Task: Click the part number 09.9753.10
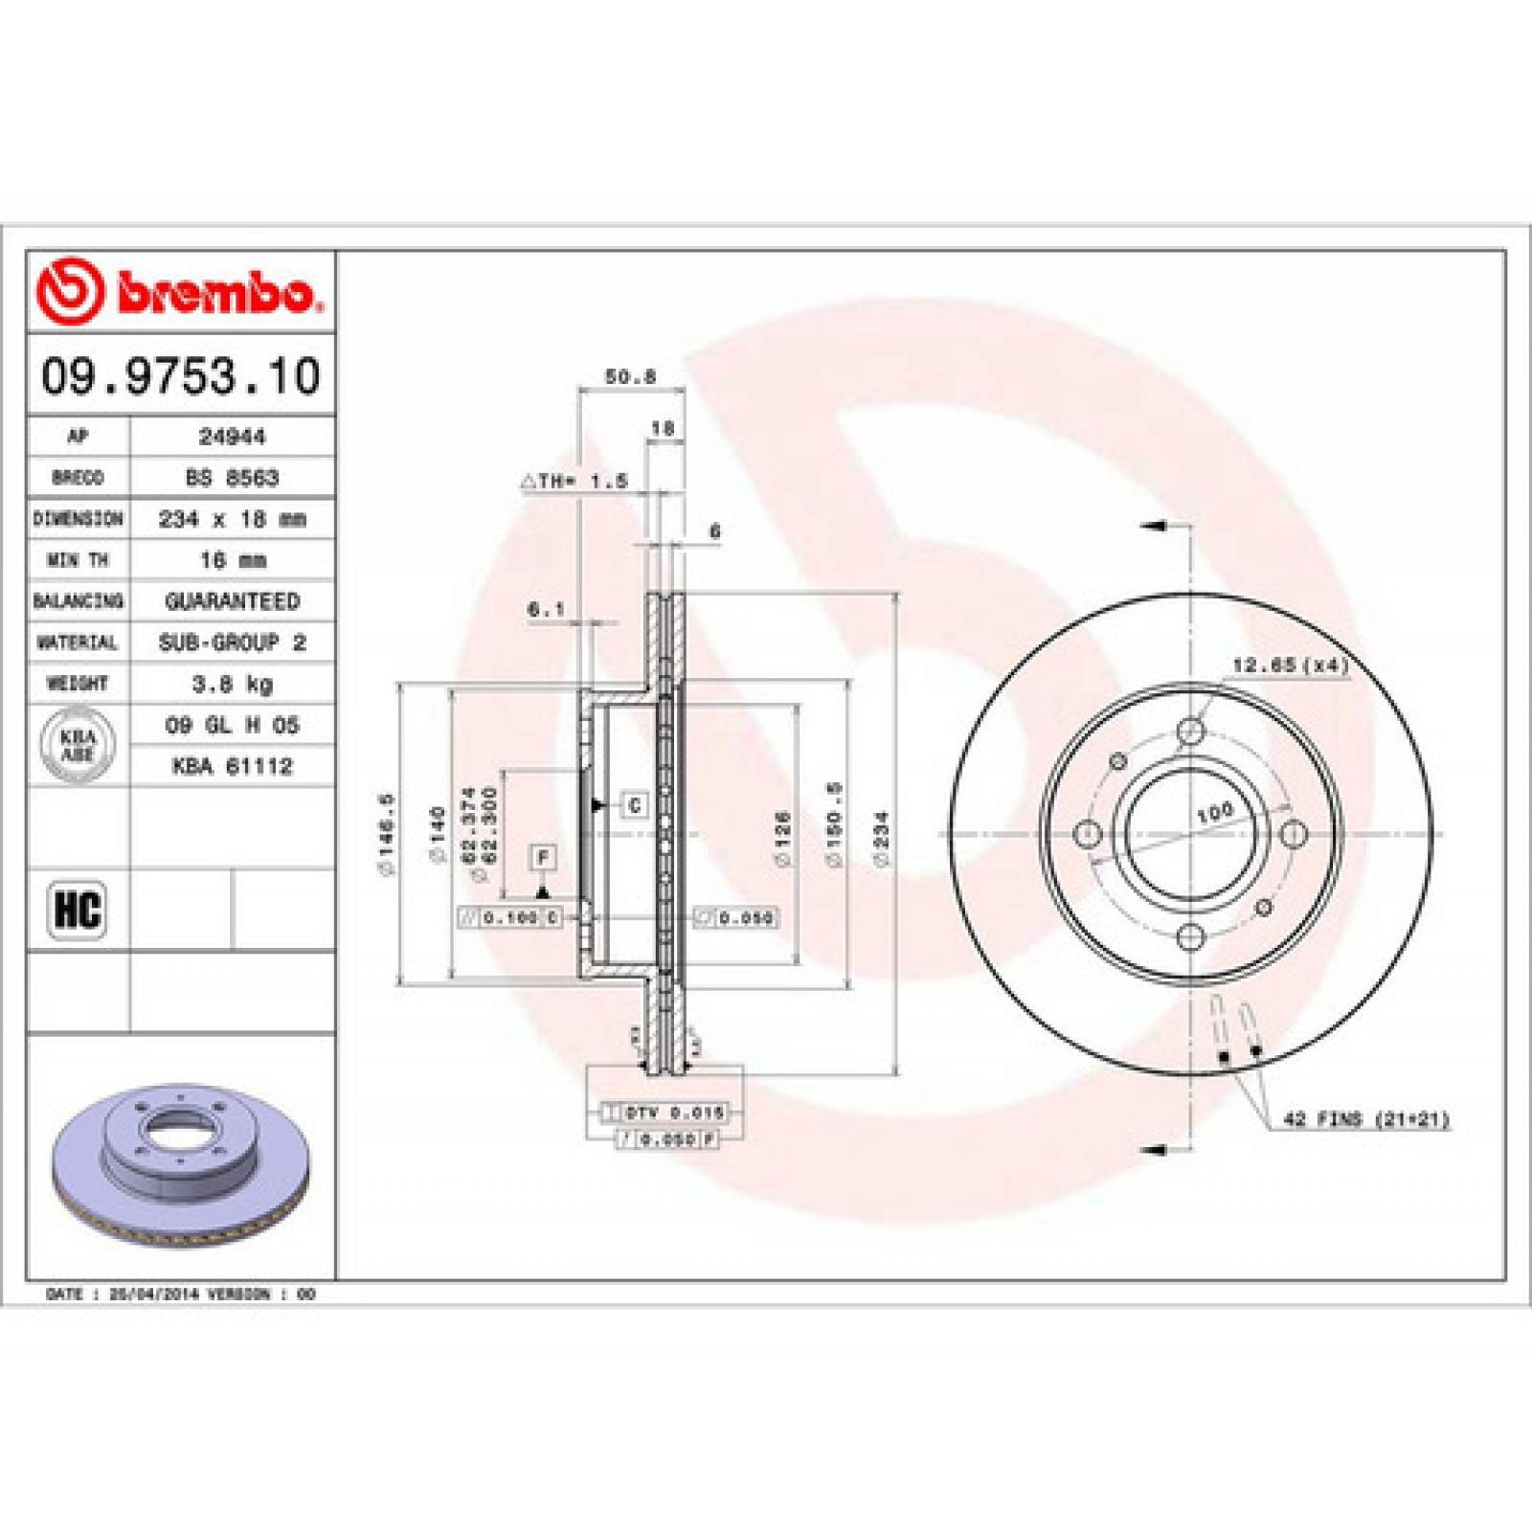tap(181, 375)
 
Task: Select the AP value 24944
tap(232, 437)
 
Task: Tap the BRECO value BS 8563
tap(232, 478)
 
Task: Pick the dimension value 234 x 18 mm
tap(232, 519)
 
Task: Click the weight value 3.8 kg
tap(232, 684)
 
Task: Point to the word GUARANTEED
tap(232, 601)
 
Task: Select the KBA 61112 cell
tap(232, 766)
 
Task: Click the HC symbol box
tap(78, 910)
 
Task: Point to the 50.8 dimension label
tap(630, 377)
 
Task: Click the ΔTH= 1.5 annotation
tap(574, 482)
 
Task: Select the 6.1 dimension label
tap(546, 609)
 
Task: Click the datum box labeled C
tap(634, 805)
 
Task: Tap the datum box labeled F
tap(544, 857)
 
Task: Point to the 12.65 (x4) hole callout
tap(1290, 665)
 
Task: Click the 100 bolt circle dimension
tap(1214, 813)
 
